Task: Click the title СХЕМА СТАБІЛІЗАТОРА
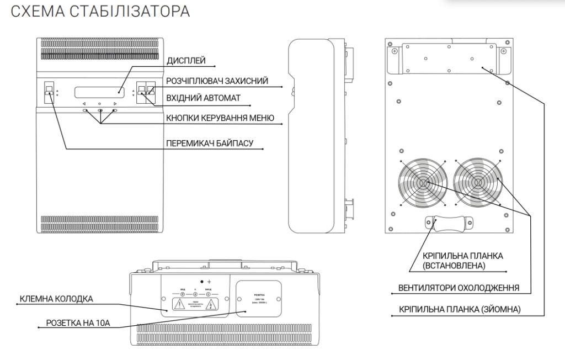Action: (x=100, y=12)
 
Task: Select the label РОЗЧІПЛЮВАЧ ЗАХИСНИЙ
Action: (x=217, y=81)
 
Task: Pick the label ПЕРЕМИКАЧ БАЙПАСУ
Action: (x=210, y=144)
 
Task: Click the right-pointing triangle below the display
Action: (x=115, y=104)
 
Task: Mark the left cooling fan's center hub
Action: (x=423, y=183)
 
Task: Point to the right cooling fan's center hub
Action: (x=478, y=183)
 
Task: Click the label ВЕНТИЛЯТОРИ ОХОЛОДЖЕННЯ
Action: (x=459, y=288)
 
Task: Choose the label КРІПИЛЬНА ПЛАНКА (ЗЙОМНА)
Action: (x=459, y=310)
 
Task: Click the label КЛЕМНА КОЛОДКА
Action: (x=56, y=299)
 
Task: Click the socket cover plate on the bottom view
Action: (x=259, y=298)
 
